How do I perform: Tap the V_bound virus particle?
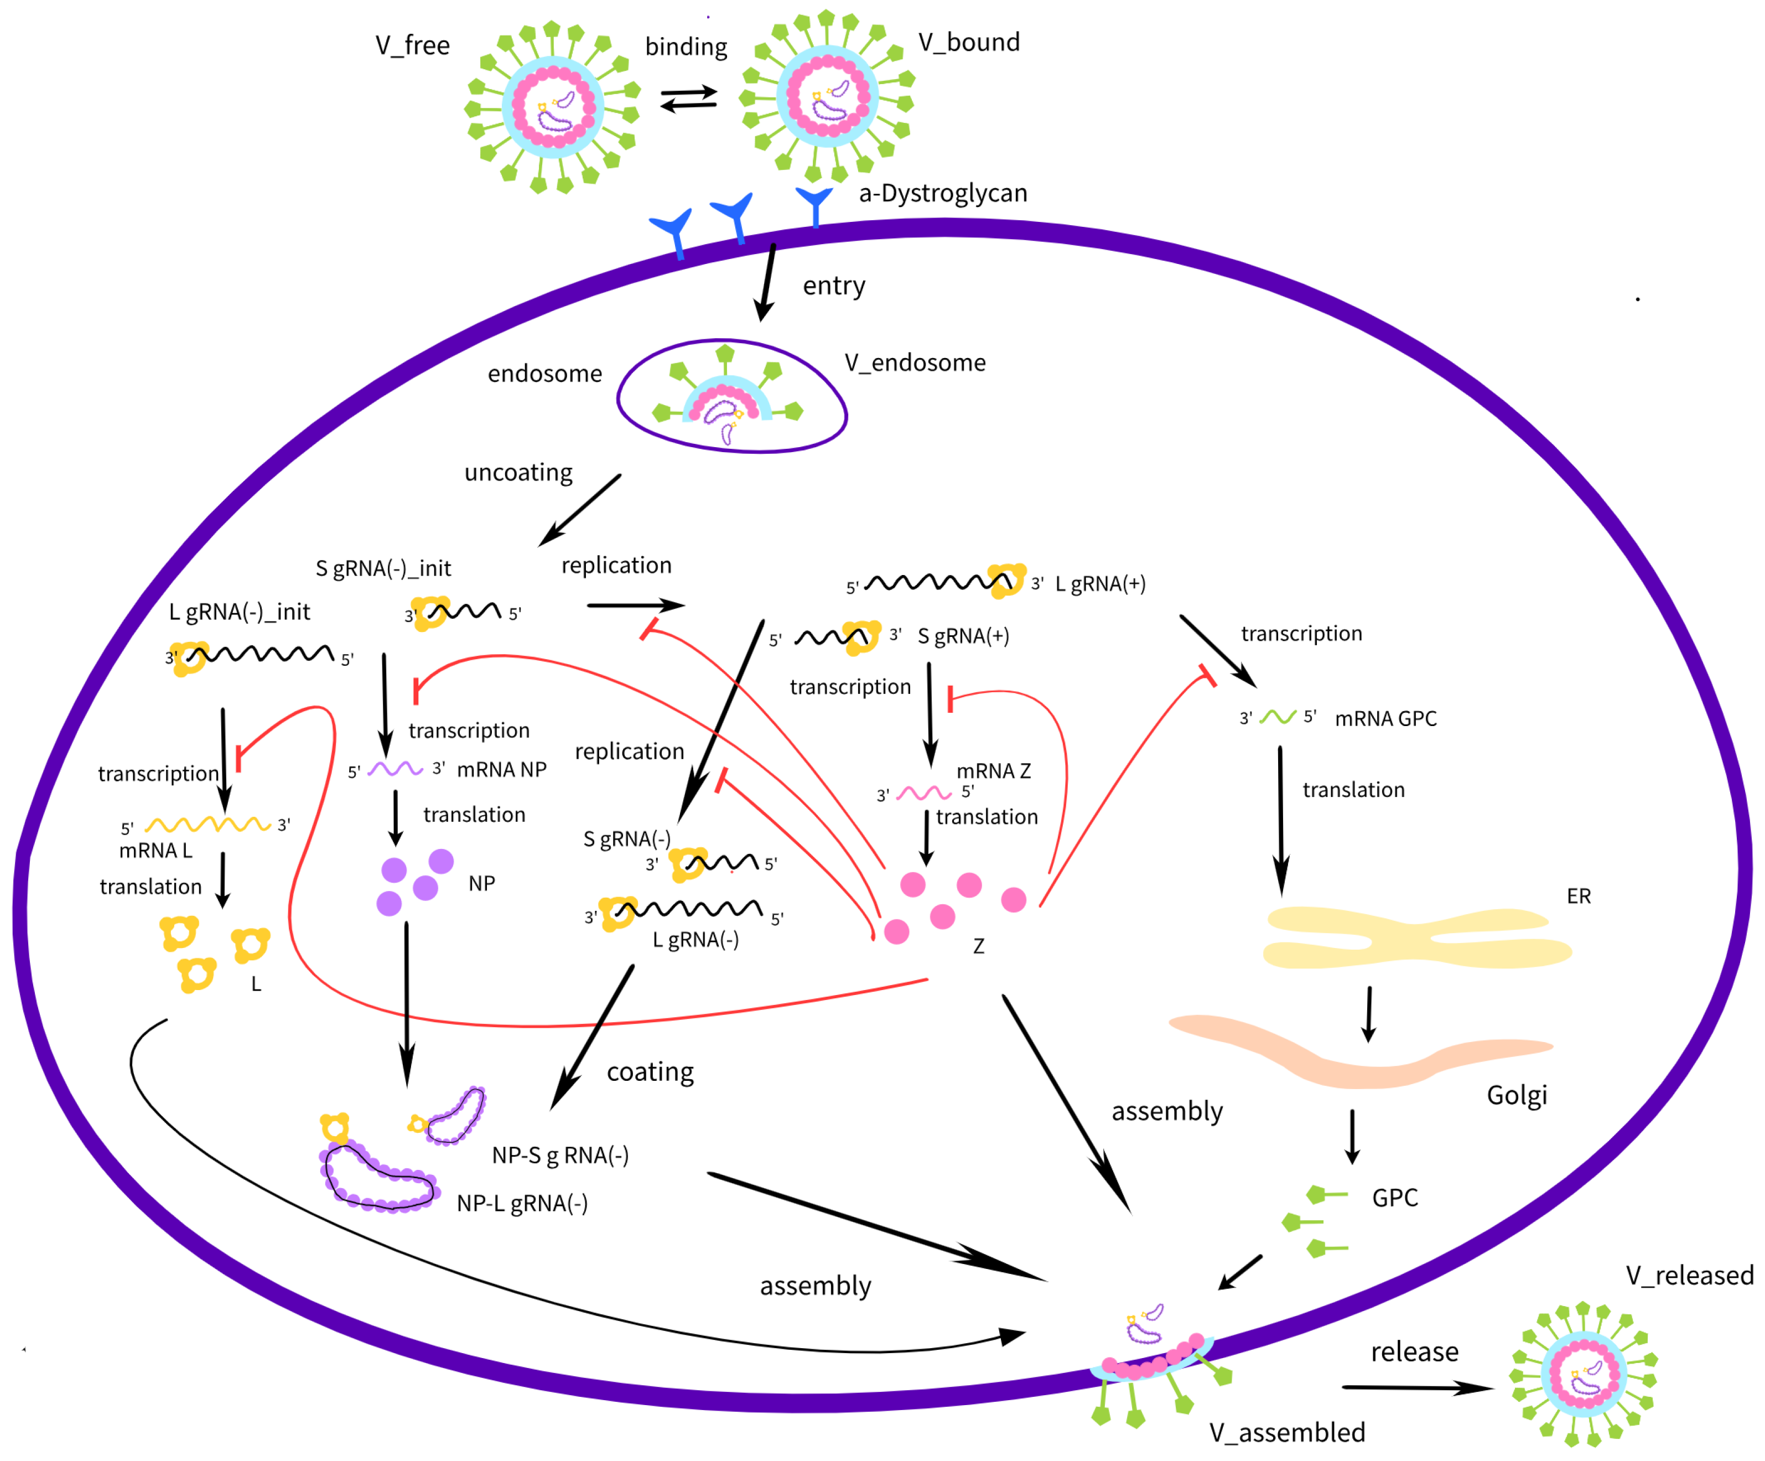point(828,97)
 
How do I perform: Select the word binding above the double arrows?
point(686,46)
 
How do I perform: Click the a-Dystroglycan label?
point(942,193)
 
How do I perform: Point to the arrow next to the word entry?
point(766,282)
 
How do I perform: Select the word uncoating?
point(518,473)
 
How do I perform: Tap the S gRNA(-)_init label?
point(383,569)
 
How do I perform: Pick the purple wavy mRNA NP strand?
point(395,768)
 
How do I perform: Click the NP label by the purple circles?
point(481,883)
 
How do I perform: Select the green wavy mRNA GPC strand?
point(1278,717)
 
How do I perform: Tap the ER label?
point(1579,896)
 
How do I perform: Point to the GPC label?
point(1394,1198)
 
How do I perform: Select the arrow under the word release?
point(1417,1388)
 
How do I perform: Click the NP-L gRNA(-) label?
point(522,1204)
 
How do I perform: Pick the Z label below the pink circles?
point(978,946)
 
